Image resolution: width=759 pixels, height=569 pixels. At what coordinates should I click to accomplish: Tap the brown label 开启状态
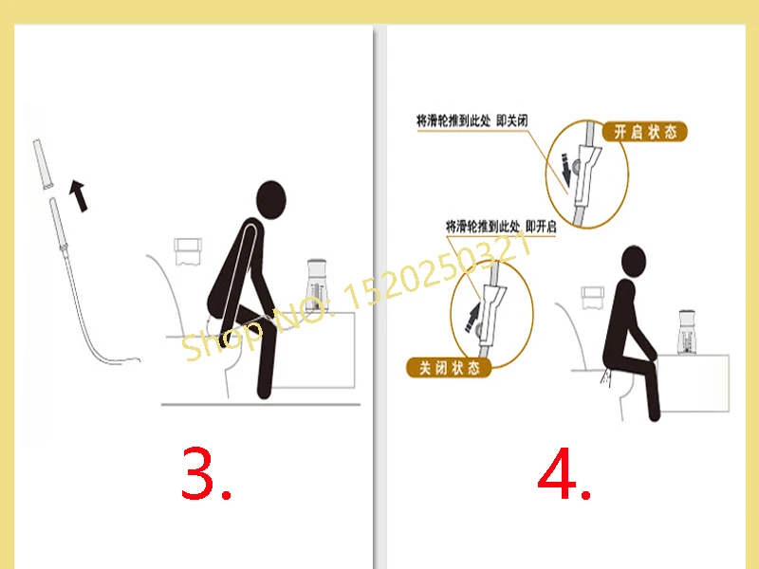click(645, 132)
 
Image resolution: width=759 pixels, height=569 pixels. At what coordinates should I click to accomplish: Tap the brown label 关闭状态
click(449, 368)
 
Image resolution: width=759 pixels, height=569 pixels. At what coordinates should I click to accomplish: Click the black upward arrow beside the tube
click(79, 195)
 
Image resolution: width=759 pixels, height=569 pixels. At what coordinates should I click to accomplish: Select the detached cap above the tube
click(42, 164)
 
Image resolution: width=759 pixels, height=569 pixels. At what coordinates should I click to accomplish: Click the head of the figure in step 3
click(271, 200)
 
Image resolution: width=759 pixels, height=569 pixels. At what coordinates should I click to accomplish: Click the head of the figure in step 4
click(633, 263)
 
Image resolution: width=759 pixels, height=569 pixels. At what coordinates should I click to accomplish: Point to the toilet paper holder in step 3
click(187, 251)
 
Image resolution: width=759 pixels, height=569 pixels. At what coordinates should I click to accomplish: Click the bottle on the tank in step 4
click(687, 333)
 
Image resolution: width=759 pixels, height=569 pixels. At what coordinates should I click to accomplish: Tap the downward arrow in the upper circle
click(565, 171)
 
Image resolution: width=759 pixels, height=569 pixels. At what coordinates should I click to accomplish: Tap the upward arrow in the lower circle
click(472, 318)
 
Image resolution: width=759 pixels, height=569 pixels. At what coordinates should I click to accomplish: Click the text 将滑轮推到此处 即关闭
click(472, 120)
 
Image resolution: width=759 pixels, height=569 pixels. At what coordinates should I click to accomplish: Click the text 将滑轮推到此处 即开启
click(501, 226)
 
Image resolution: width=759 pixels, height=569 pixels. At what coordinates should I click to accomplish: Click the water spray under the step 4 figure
click(605, 377)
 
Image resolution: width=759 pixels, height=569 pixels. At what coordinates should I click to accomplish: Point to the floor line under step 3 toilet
click(260, 404)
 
